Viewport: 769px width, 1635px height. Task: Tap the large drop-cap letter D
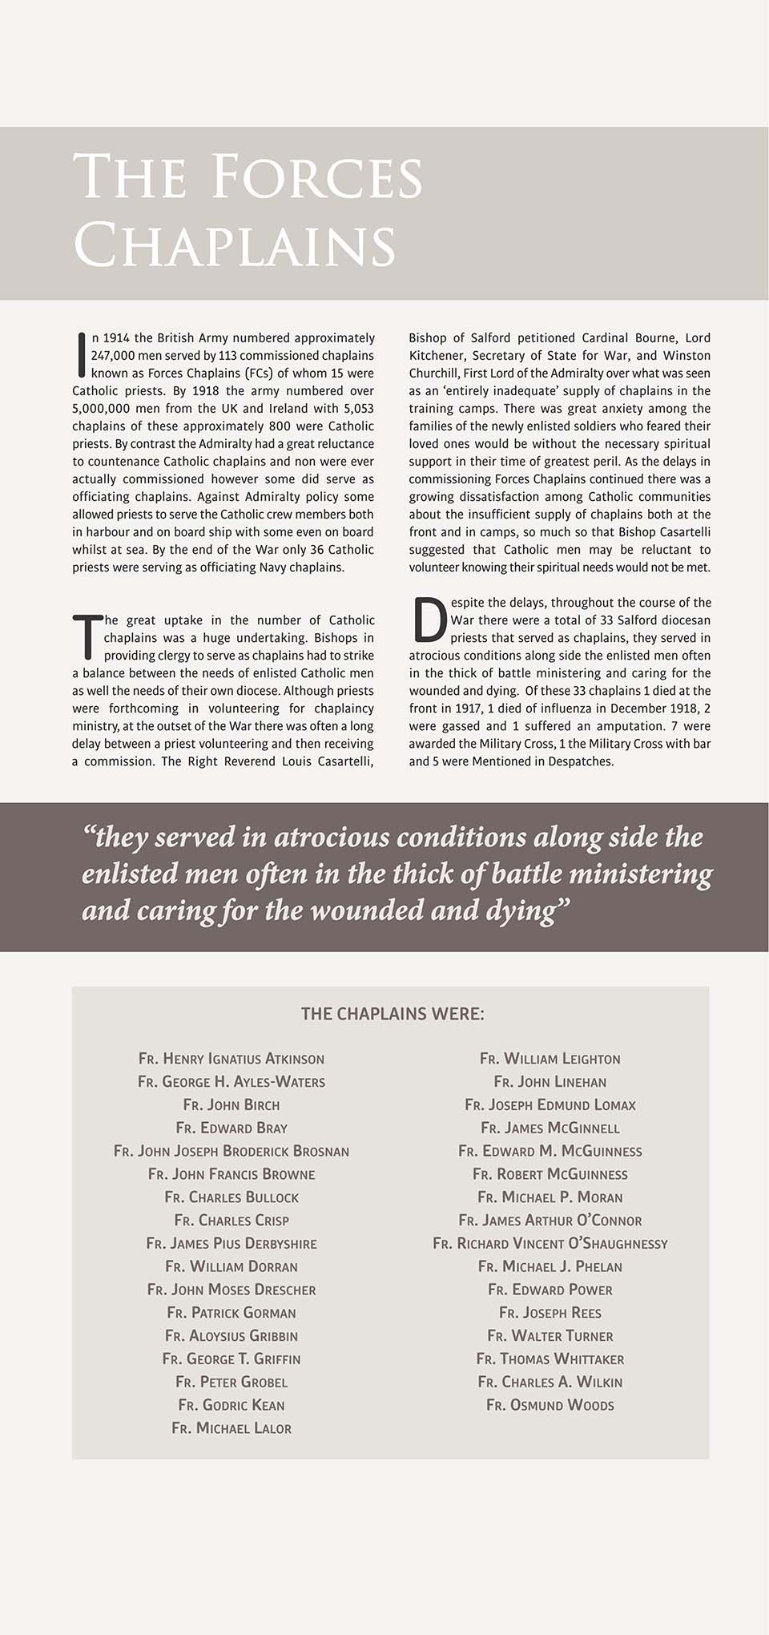click(429, 620)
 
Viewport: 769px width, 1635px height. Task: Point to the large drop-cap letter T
click(87, 637)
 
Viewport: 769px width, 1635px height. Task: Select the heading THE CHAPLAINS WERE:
click(393, 1014)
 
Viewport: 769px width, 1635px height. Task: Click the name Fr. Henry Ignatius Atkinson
click(232, 1059)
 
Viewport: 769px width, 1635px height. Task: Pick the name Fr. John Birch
click(232, 1105)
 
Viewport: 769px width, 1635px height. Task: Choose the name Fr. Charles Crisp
click(232, 1221)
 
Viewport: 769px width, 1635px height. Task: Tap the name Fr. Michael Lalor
click(232, 1428)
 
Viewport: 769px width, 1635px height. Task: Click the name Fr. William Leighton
click(550, 1059)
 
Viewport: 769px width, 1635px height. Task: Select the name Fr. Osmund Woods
click(550, 1405)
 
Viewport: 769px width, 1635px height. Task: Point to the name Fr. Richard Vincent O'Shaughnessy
click(550, 1244)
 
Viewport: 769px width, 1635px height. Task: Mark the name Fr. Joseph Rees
click(550, 1313)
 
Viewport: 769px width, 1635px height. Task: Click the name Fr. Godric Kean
click(232, 1405)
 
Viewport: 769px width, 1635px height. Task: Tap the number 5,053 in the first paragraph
click(358, 409)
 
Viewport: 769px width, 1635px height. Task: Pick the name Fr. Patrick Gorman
click(232, 1313)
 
